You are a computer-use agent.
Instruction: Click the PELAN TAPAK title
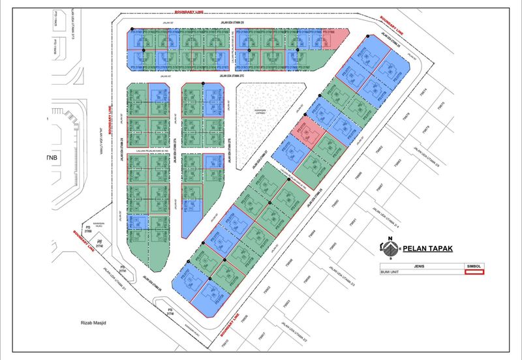pos(427,248)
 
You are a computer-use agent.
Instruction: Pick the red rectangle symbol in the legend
pos(473,272)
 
